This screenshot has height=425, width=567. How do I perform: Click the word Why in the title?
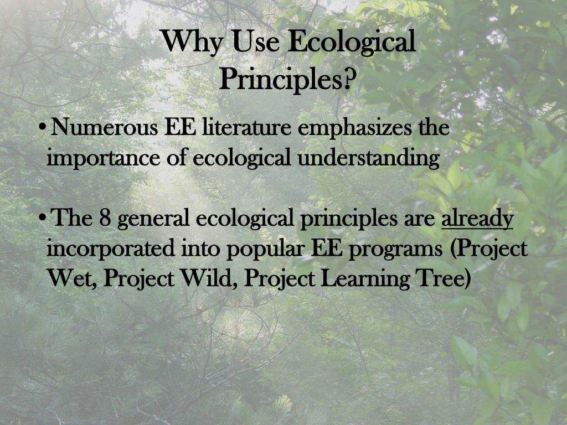(x=191, y=42)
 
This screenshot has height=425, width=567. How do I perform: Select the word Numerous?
(x=104, y=128)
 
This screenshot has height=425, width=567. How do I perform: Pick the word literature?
(x=246, y=128)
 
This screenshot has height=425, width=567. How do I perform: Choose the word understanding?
(x=368, y=158)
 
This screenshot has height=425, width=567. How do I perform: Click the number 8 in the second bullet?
(x=105, y=218)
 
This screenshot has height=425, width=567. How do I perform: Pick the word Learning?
(x=365, y=279)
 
